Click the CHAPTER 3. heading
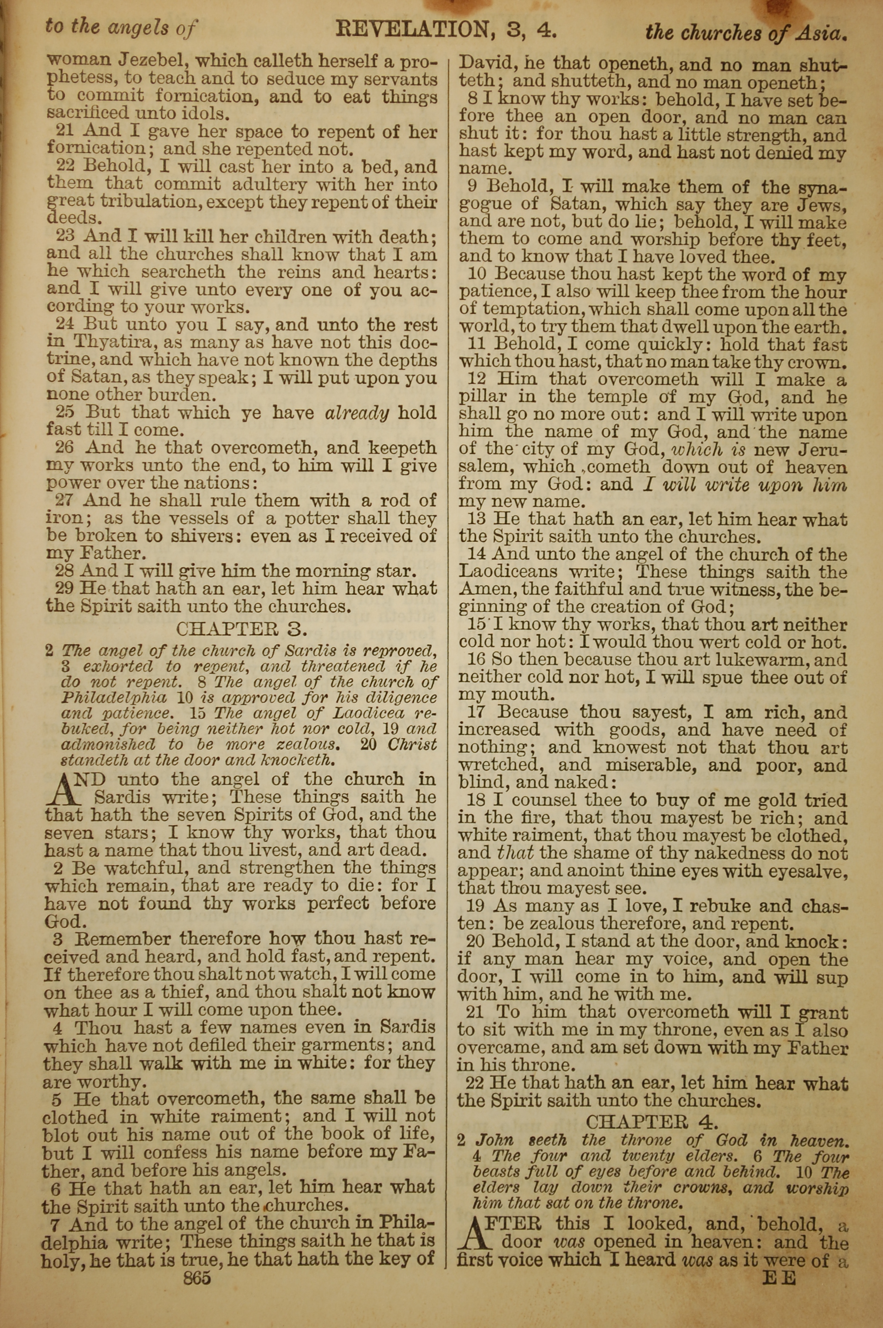coord(242,628)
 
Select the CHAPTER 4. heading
coord(652,1122)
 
